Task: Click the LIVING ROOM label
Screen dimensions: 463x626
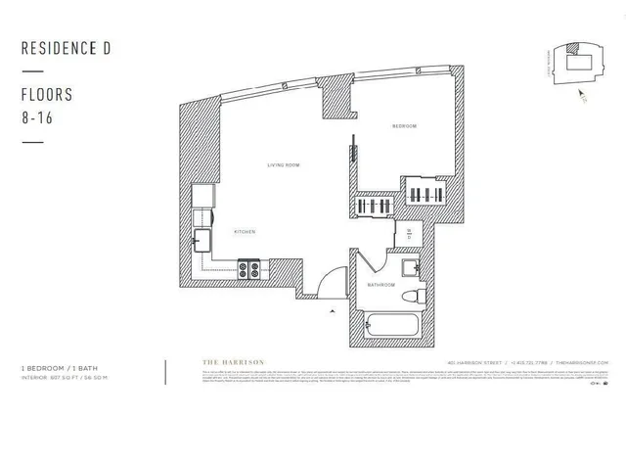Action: pos(282,165)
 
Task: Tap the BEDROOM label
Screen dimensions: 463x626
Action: pos(404,126)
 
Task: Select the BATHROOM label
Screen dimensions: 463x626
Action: pos(380,285)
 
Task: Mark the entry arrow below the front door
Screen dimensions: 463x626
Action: pos(334,310)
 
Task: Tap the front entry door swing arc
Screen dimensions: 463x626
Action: pos(334,280)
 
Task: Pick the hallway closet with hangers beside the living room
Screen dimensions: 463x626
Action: pos(374,208)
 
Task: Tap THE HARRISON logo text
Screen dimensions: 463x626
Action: pos(232,363)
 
